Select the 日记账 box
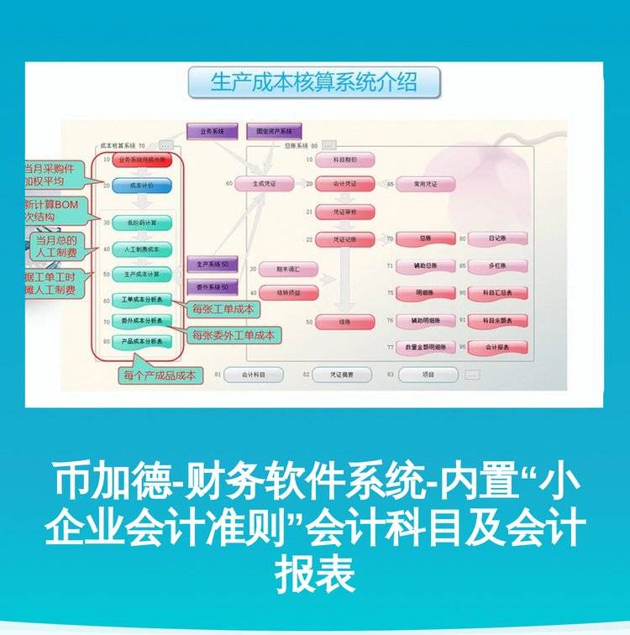coord(497,239)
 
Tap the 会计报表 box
coord(497,346)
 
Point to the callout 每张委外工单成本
coord(234,335)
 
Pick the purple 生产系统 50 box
coord(213,265)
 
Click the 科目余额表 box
coord(497,320)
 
